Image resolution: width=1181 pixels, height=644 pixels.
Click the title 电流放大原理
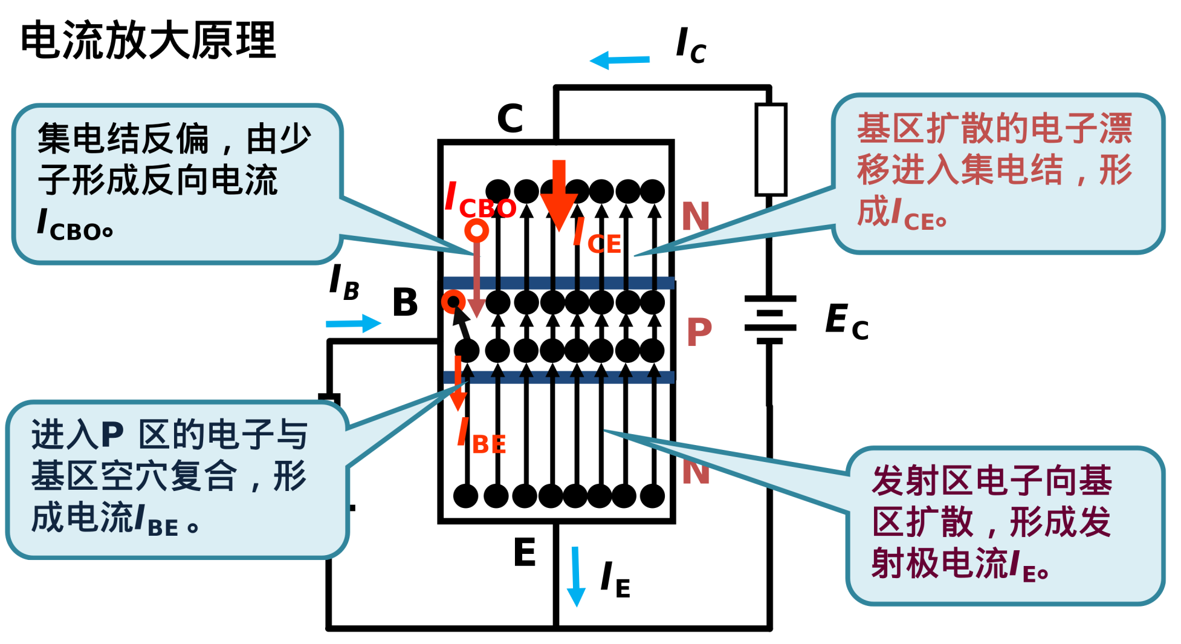click(148, 41)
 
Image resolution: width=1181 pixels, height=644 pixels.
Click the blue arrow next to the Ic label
click(620, 60)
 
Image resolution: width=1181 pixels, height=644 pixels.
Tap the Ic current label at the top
click(691, 45)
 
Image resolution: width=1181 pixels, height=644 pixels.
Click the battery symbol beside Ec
click(770, 320)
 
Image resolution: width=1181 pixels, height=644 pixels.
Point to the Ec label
click(847, 322)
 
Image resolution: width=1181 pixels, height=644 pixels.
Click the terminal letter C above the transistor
click(510, 118)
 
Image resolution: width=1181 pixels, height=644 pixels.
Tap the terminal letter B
click(405, 302)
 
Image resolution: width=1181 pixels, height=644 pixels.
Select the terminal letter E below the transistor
click(525, 552)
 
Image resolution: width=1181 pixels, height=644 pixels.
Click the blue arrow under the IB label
click(354, 324)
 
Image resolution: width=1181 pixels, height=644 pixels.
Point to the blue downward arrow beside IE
click(576, 576)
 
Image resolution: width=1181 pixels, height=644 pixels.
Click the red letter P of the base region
click(699, 332)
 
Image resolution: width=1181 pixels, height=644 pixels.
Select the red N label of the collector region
click(695, 216)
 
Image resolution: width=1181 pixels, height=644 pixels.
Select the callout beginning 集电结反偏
click(177, 184)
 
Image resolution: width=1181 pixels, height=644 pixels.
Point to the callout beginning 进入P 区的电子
click(177, 479)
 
